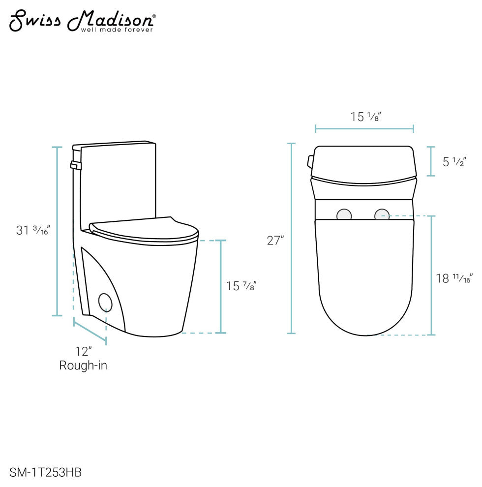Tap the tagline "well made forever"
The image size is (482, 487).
117,30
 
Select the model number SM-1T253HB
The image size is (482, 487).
45,472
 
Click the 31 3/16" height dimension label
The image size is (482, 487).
33,230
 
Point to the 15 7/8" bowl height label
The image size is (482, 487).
241,286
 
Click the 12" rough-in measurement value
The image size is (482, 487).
84,352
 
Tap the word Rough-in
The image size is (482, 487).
83,365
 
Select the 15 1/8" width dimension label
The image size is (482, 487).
365,117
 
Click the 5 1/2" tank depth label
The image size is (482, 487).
454,162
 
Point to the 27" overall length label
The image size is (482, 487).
275,241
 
